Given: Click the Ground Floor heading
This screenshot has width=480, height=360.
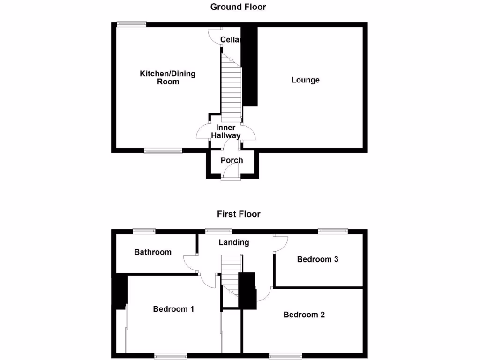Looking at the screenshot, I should [x=238, y=7].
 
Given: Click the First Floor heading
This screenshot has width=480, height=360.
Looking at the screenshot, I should [x=239, y=214].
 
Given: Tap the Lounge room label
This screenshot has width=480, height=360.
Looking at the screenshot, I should [x=305, y=80].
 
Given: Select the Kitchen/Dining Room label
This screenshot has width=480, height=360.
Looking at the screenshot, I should [x=167, y=78].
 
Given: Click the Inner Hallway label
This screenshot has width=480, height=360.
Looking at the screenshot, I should [x=225, y=132].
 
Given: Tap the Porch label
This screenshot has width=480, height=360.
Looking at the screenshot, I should [x=232, y=160].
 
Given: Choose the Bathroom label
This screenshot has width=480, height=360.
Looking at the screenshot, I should [x=153, y=252].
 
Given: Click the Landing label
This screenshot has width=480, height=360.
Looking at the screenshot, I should [x=234, y=242].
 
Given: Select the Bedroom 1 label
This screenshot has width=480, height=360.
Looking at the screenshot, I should [x=173, y=309].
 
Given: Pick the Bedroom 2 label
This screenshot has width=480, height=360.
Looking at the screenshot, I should [x=304, y=315].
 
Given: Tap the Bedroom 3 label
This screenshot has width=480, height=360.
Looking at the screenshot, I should [x=317, y=259].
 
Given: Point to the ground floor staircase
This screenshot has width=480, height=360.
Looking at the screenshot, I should [x=232, y=89].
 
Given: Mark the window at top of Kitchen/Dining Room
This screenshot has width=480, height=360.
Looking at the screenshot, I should [x=132, y=24].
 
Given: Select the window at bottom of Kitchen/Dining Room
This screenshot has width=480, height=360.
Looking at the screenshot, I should [x=163, y=150].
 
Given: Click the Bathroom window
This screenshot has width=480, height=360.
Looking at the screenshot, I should [x=144, y=230].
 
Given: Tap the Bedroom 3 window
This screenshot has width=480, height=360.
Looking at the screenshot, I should [x=333, y=230].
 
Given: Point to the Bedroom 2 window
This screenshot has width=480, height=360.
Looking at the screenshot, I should [x=285, y=356].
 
